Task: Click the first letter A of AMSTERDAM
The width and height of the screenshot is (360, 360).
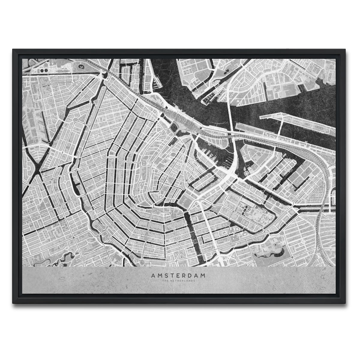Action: [153, 275]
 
